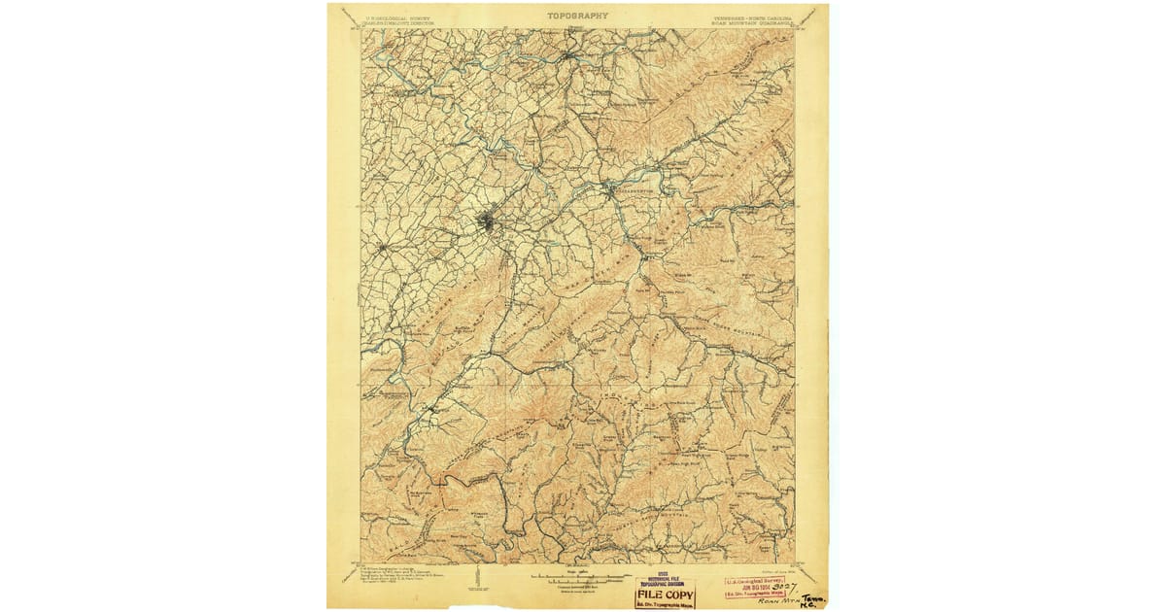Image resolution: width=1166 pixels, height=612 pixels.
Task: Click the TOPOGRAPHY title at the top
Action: pos(577,16)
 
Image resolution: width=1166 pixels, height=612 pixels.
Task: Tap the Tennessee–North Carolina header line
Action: pos(754,16)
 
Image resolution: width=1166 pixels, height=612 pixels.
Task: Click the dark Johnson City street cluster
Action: pos(486,224)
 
